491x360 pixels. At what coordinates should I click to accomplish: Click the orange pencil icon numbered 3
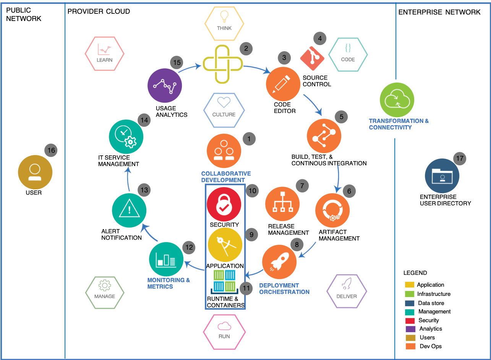[283, 84]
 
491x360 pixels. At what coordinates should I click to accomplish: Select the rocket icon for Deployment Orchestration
[279, 262]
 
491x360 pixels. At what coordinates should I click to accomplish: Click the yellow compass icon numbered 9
[225, 245]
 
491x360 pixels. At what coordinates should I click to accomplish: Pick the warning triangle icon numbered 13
[129, 210]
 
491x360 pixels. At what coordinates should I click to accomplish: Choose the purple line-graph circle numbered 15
[165, 86]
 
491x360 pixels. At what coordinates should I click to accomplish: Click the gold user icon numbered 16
[35, 172]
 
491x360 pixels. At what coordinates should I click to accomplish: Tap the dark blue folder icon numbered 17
[442, 176]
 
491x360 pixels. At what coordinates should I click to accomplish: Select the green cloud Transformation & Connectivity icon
[397, 100]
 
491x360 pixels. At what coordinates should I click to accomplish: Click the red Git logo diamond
[312, 57]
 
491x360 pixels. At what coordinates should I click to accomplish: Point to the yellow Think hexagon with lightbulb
[224, 23]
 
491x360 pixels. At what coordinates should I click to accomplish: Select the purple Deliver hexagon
[347, 291]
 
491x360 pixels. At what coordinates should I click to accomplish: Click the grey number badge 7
[302, 186]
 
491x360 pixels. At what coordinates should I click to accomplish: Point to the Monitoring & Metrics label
[169, 283]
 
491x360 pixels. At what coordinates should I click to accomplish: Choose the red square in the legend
[410, 321]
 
